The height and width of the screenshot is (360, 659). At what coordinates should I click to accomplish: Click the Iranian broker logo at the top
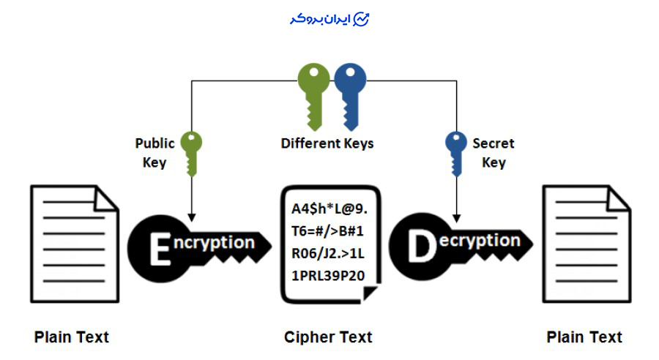329,20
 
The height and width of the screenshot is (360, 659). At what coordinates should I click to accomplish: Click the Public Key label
154,153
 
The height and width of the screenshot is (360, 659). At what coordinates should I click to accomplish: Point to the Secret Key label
493,153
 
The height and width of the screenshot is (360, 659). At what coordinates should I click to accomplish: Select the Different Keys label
327,143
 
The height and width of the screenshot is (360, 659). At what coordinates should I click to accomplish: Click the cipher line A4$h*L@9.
329,209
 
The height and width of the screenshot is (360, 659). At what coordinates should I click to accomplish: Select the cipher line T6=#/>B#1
328,231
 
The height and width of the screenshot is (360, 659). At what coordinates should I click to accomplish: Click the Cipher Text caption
328,337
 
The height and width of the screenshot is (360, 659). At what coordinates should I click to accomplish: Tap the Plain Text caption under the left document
72,337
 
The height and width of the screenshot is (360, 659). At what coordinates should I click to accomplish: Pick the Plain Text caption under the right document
584,337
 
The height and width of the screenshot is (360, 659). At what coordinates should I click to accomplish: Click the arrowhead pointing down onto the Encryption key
191,217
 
